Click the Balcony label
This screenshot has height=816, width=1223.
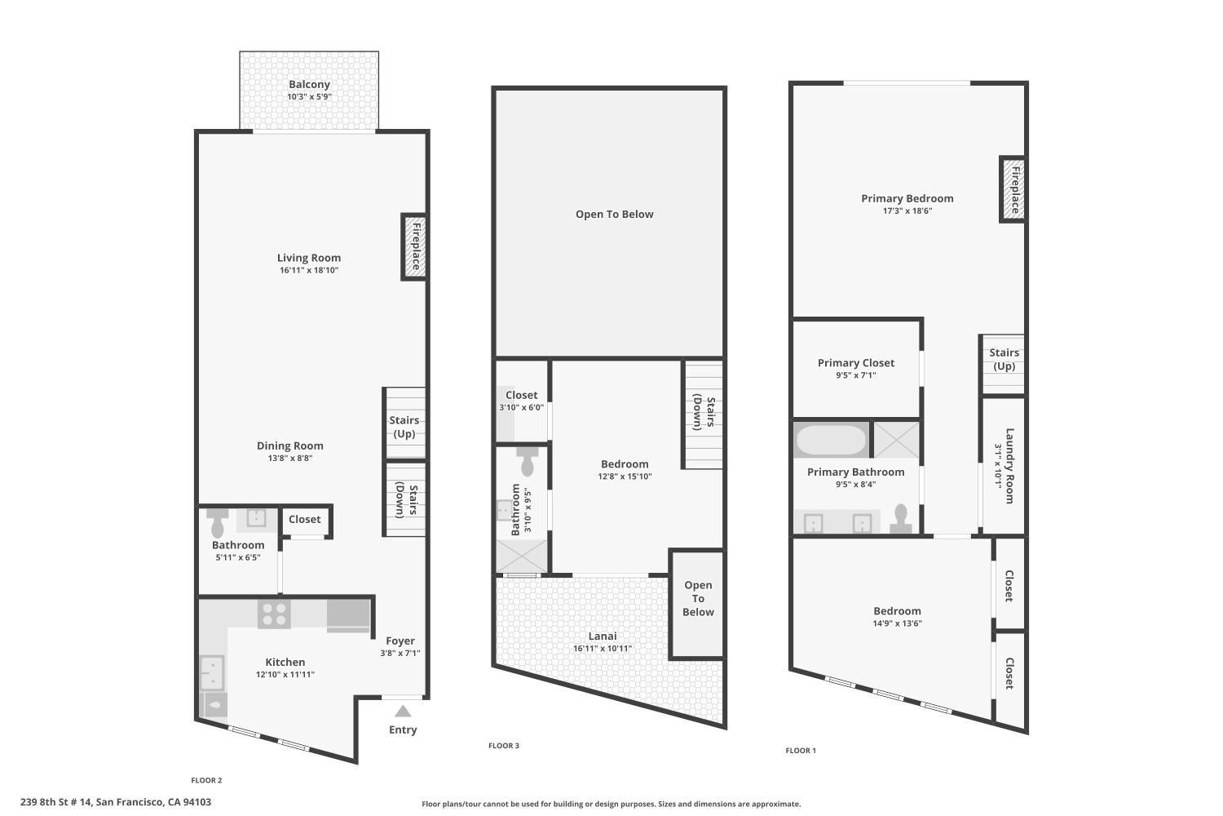309,85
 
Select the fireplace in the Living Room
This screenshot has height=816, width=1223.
414,246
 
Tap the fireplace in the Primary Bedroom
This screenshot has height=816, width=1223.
1013,189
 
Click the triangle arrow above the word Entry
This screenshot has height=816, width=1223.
403,711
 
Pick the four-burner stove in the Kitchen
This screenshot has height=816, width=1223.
274,614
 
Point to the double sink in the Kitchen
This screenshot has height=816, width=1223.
212,672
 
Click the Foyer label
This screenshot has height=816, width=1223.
400,641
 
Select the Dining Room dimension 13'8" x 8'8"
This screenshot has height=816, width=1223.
290,459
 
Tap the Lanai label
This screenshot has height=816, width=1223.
603,636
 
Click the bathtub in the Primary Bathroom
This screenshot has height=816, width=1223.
831,441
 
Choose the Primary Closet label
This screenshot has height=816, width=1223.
856,363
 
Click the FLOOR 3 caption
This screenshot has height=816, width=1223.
504,746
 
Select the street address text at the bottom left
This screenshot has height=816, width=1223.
116,802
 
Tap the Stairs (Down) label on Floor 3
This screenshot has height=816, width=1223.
704,412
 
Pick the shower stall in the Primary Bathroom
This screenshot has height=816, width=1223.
896,440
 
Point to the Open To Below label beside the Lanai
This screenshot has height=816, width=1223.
698,599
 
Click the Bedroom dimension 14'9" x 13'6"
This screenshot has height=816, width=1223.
897,623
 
